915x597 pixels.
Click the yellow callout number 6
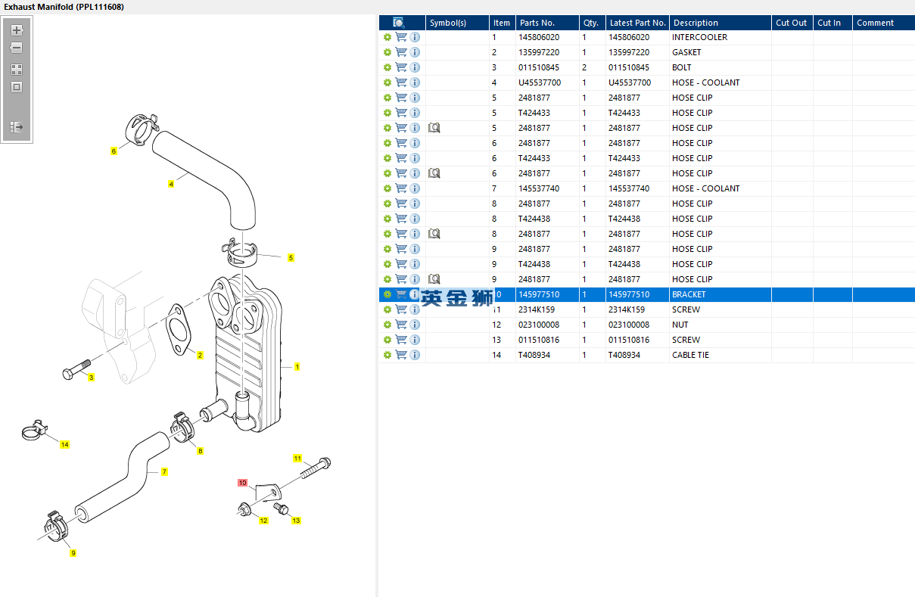pos(114,151)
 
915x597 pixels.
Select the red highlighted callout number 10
pos(242,483)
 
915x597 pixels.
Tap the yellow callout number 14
pos(64,445)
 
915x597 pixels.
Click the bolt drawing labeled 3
pos(75,372)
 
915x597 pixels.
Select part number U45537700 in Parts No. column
pos(539,82)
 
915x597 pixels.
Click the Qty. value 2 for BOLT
pos(584,67)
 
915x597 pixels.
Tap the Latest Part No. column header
pos(637,23)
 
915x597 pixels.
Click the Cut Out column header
pos(791,23)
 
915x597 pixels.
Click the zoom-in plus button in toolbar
pos(17,31)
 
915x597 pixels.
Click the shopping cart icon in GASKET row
pos(401,52)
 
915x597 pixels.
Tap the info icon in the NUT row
pos(415,325)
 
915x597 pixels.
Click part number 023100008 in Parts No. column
pos(539,325)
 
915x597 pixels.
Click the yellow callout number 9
pos(73,553)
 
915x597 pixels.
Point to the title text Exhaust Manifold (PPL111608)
pos(64,7)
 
